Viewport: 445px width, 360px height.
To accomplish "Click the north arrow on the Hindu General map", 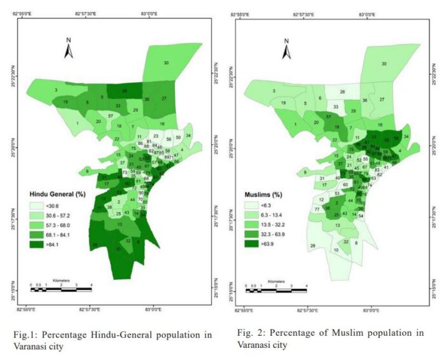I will coord(69,48).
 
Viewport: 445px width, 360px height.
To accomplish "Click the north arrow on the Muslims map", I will coord(287,48).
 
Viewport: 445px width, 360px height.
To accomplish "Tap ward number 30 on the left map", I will coord(167,63).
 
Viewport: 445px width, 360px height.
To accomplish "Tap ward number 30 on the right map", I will coord(384,64).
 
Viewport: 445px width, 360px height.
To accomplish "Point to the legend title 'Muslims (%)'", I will coord(264,193).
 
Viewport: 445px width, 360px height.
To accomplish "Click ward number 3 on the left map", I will coord(56,91).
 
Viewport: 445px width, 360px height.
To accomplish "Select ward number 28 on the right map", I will coord(312,246).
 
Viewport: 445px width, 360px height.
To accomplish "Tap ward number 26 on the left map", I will coord(125,91).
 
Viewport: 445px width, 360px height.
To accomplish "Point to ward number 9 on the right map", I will coord(305,172).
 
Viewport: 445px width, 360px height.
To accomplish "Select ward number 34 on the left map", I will coord(188,135).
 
